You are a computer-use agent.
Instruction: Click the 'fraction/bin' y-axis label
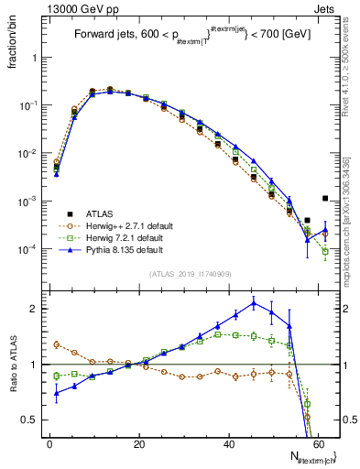(x=12, y=48)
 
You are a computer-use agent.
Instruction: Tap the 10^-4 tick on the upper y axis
(x=27, y=249)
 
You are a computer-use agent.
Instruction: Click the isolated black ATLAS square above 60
(x=325, y=198)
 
